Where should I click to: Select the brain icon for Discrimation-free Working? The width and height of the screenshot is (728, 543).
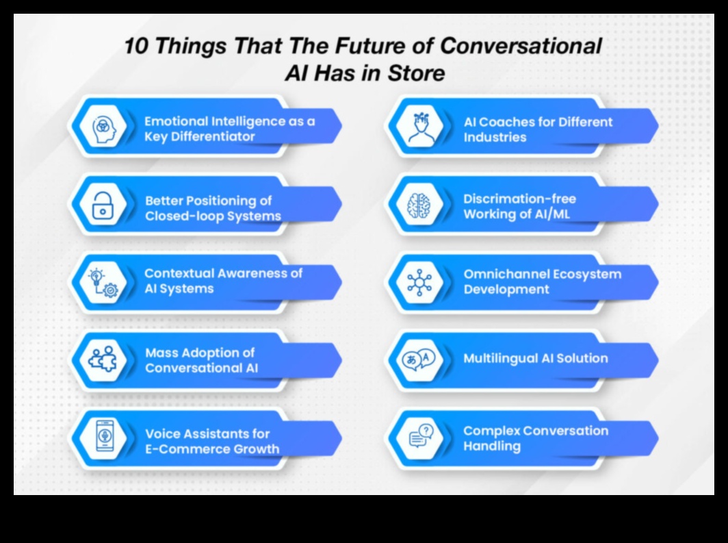coord(419,205)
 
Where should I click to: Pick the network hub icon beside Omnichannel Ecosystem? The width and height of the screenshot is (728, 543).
coord(419,282)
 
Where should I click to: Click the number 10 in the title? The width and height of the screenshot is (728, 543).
coord(138,47)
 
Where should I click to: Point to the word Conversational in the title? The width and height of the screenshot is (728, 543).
coord(520,47)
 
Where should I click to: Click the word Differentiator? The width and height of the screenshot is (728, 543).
coord(210,137)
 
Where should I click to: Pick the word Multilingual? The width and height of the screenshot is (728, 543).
coord(499,358)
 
